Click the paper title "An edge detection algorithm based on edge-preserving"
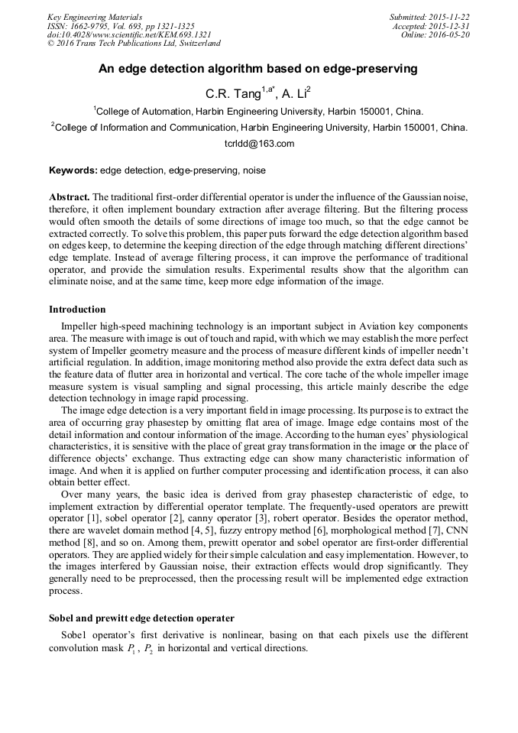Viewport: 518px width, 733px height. [x=258, y=69]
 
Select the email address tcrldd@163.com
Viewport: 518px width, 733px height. [x=258, y=143]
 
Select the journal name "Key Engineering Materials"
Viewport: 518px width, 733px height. [x=95, y=17]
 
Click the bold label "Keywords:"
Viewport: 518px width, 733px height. [x=73, y=170]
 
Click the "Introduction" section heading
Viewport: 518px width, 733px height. [x=77, y=310]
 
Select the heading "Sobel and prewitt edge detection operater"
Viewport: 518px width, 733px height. [x=141, y=618]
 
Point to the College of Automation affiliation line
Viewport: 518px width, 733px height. [x=258, y=111]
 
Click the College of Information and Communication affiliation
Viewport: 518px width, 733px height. [x=258, y=128]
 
